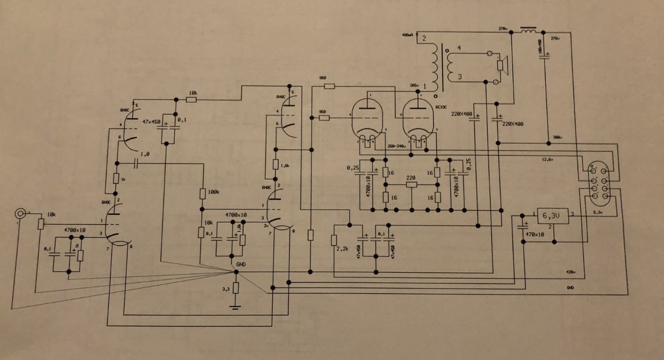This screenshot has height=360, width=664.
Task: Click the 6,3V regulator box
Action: tap(553, 216)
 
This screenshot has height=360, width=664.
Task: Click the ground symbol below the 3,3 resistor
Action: tap(235, 306)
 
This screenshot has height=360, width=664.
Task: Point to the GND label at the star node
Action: tap(241, 264)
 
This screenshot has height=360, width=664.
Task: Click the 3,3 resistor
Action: tap(235, 288)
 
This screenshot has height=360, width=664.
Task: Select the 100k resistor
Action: tap(202, 194)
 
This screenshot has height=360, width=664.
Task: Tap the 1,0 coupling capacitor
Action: tap(136, 165)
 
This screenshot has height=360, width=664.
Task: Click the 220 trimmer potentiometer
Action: tap(411, 185)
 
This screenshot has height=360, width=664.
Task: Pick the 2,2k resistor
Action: tap(334, 240)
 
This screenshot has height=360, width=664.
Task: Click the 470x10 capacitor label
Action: tap(535, 234)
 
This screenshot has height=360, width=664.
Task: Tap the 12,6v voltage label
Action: tap(548, 159)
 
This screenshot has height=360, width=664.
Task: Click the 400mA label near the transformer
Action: tap(407, 35)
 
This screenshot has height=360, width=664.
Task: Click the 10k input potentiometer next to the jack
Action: tap(41, 224)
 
